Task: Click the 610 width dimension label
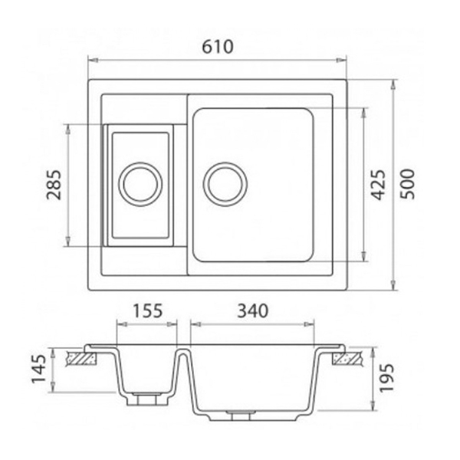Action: pyautogui.click(x=218, y=47)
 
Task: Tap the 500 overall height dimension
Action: pyautogui.click(x=408, y=184)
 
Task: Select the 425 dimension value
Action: pyautogui.click(x=377, y=185)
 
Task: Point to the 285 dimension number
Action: pyautogui.click(x=54, y=185)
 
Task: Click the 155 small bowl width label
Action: pyautogui.click(x=147, y=310)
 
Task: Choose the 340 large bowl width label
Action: pyautogui.click(x=252, y=310)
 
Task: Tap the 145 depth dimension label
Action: pyautogui.click(x=39, y=369)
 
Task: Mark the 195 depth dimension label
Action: pyautogui.click(x=386, y=378)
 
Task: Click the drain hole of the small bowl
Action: pyautogui.click(x=140, y=184)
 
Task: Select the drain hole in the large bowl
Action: pyautogui.click(x=225, y=184)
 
